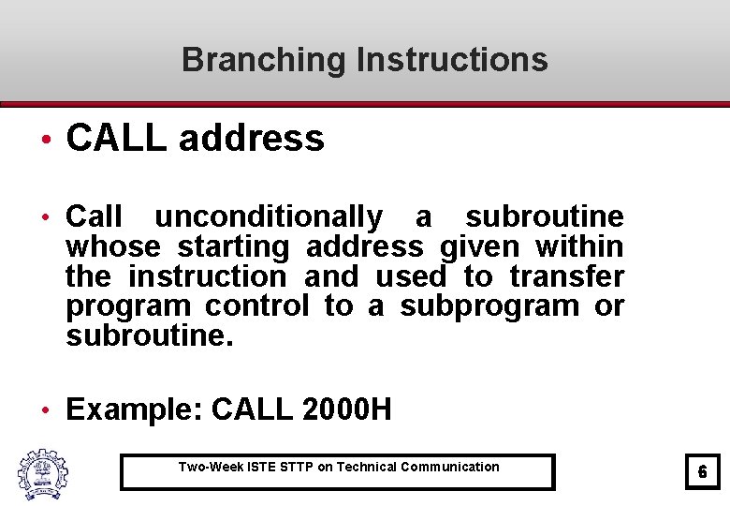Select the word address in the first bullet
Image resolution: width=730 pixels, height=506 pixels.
click(x=251, y=139)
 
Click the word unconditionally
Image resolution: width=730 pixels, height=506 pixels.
click(x=269, y=217)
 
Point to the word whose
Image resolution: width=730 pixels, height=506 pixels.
click(x=111, y=247)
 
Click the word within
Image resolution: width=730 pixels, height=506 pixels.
click(x=578, y=247)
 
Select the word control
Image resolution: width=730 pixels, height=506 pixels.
click(x=256, y=306)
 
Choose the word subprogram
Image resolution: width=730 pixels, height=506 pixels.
click(x=489, y=306)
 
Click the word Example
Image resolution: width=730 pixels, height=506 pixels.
click(x=135, y=409)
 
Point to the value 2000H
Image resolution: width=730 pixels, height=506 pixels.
click(x=347, y=409)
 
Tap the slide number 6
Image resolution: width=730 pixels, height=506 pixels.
click(x=702, y=473)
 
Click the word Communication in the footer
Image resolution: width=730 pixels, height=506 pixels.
click(x=449, y=467)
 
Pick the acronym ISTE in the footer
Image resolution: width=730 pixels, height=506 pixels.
click(x=261, y=467)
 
